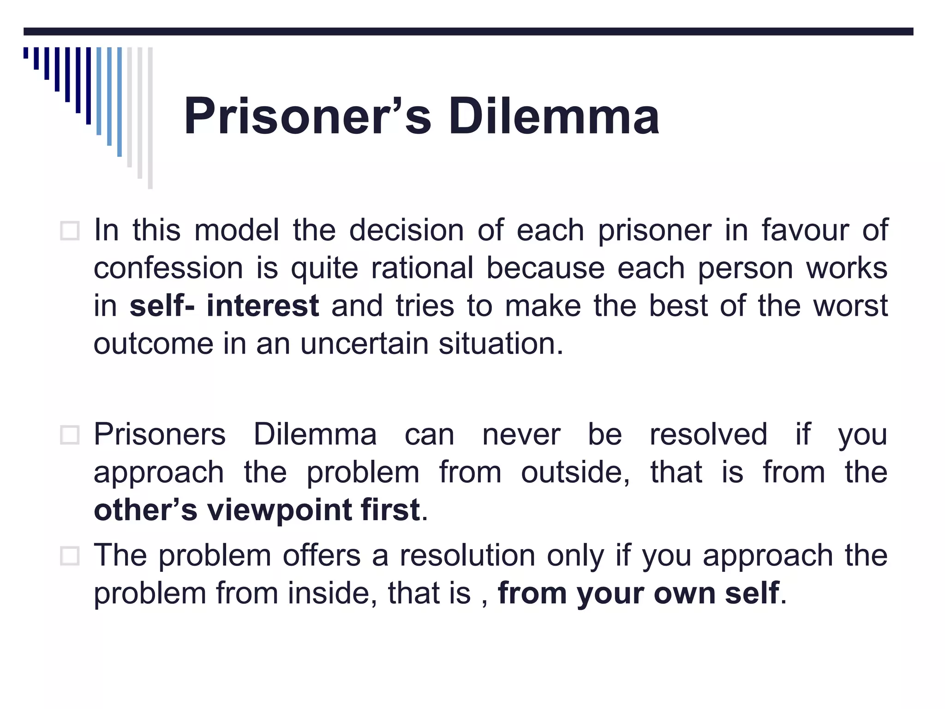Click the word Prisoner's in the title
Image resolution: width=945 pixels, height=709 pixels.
pyautogui.click(x=307, y=116)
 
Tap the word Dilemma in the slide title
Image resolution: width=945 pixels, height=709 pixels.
pyautogui.click(x=554, y=116)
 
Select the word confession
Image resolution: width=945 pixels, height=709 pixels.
pyautogui.click(x=168, y=269)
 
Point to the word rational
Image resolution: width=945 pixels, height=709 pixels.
pyautogui.click(x=422, y=268)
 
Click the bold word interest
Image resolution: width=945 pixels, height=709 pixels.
pyautogui.click(x=263, y=306)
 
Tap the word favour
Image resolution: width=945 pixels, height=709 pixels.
pyautogui.click(x=805, y=230)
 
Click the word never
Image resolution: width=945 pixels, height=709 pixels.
pyautogui.click(x=521, y=435)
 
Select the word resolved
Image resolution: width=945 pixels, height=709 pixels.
pyautogui.click(x=708, y=435)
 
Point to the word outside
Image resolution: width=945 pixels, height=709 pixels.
pyautogui.click(x=575, y=473)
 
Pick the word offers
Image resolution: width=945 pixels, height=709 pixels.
pyautogui.click(x=321, y=555)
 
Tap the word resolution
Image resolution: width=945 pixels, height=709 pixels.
pyautogui.click(x=467, y=555)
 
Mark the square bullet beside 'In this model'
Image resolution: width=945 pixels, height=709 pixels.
pyautogui.click(x=70, y=231)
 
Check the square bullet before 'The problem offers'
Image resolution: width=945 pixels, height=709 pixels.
pyautogui.click(x=70, y=556)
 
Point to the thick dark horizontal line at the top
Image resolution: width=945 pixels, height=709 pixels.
pyautogui.click(x=468, y=31)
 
